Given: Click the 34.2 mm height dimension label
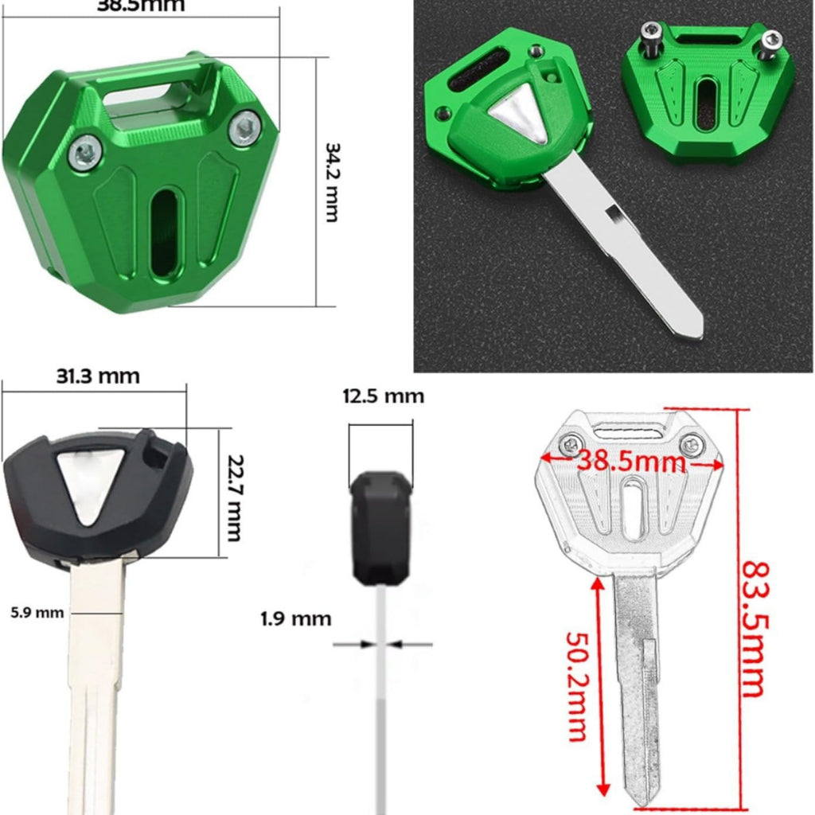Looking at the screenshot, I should click(x=331, y=182).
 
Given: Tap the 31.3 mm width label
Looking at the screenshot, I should click(x=98, y=376).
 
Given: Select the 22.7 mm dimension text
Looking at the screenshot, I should click(x=232, y=497).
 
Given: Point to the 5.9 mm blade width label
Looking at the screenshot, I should click(x=37, y=612).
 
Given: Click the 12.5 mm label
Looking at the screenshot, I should click(x=383, y=396).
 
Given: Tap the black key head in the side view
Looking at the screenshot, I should click(x=381, y=524).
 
